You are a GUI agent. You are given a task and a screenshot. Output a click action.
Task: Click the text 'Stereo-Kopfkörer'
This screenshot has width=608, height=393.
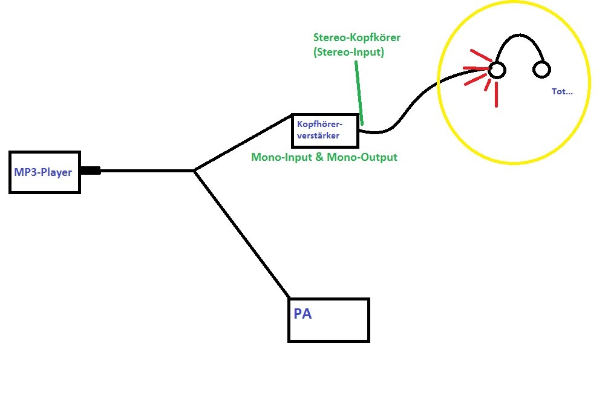point(357,37)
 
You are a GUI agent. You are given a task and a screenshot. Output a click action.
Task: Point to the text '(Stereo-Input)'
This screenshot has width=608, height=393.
point(348,52)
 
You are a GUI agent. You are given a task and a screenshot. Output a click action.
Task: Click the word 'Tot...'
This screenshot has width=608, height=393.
point(562,91)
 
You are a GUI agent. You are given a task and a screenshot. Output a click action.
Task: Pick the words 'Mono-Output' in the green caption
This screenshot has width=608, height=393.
point(362,157)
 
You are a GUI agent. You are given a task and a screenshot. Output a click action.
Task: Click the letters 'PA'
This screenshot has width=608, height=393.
point(302,314)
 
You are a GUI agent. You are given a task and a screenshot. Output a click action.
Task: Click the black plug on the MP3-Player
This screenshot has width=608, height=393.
point(91,171)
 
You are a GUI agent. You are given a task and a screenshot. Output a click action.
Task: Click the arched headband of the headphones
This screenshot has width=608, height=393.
point(520,35)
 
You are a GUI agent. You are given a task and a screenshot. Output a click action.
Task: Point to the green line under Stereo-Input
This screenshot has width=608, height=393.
point(359,93)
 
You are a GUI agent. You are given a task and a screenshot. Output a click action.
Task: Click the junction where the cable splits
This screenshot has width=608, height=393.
point(194,171)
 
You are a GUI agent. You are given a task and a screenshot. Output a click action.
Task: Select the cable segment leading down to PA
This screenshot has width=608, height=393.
point(242,234)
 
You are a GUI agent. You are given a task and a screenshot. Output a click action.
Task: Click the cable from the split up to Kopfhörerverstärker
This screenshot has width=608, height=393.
point(243,143)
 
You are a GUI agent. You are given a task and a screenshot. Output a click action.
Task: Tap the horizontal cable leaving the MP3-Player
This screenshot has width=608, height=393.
point(148,171)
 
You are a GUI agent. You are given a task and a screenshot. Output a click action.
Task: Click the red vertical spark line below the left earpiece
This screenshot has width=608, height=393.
point(496,94)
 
